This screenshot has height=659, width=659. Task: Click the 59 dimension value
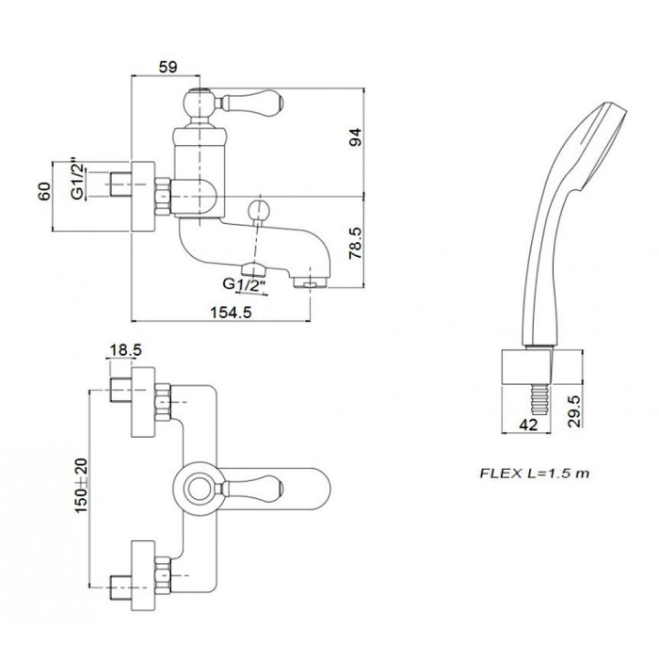(x=168, y=67)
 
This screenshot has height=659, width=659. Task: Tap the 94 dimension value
(x=356, y=137)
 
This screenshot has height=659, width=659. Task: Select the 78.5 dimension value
(x=356, y=243)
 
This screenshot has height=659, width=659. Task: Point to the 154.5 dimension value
(x=231, y=313)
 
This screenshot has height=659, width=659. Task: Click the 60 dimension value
(x=44, y=191)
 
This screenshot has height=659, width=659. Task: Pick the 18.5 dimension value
(x=125, y=349)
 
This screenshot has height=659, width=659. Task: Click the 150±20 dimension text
(x=81, y=486)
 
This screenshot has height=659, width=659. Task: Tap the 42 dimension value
(x=528, y=425)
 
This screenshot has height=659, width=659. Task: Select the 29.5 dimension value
(x=574, y=411)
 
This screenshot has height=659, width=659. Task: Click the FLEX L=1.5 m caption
(x=535, y=474)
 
